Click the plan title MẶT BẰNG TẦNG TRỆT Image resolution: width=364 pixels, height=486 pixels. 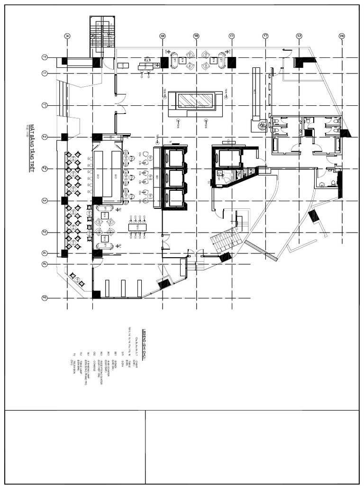click(x=32, y=148)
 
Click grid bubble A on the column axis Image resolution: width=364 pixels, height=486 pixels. click(x=67, y=36)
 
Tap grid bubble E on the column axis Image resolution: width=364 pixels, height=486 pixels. click(x=341, y=36)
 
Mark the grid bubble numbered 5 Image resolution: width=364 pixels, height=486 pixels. click(x=45, y=298)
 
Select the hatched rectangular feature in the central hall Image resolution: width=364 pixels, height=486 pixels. click(x=195, y=101)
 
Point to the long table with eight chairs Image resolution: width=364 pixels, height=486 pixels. click(x=137, y=227)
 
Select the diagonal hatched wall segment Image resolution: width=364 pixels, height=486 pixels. click(x=261, y=250)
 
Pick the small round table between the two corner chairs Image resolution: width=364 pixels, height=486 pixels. click(x=76, y=280)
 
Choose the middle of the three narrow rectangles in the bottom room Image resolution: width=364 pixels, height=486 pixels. click(x=123, y=288)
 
